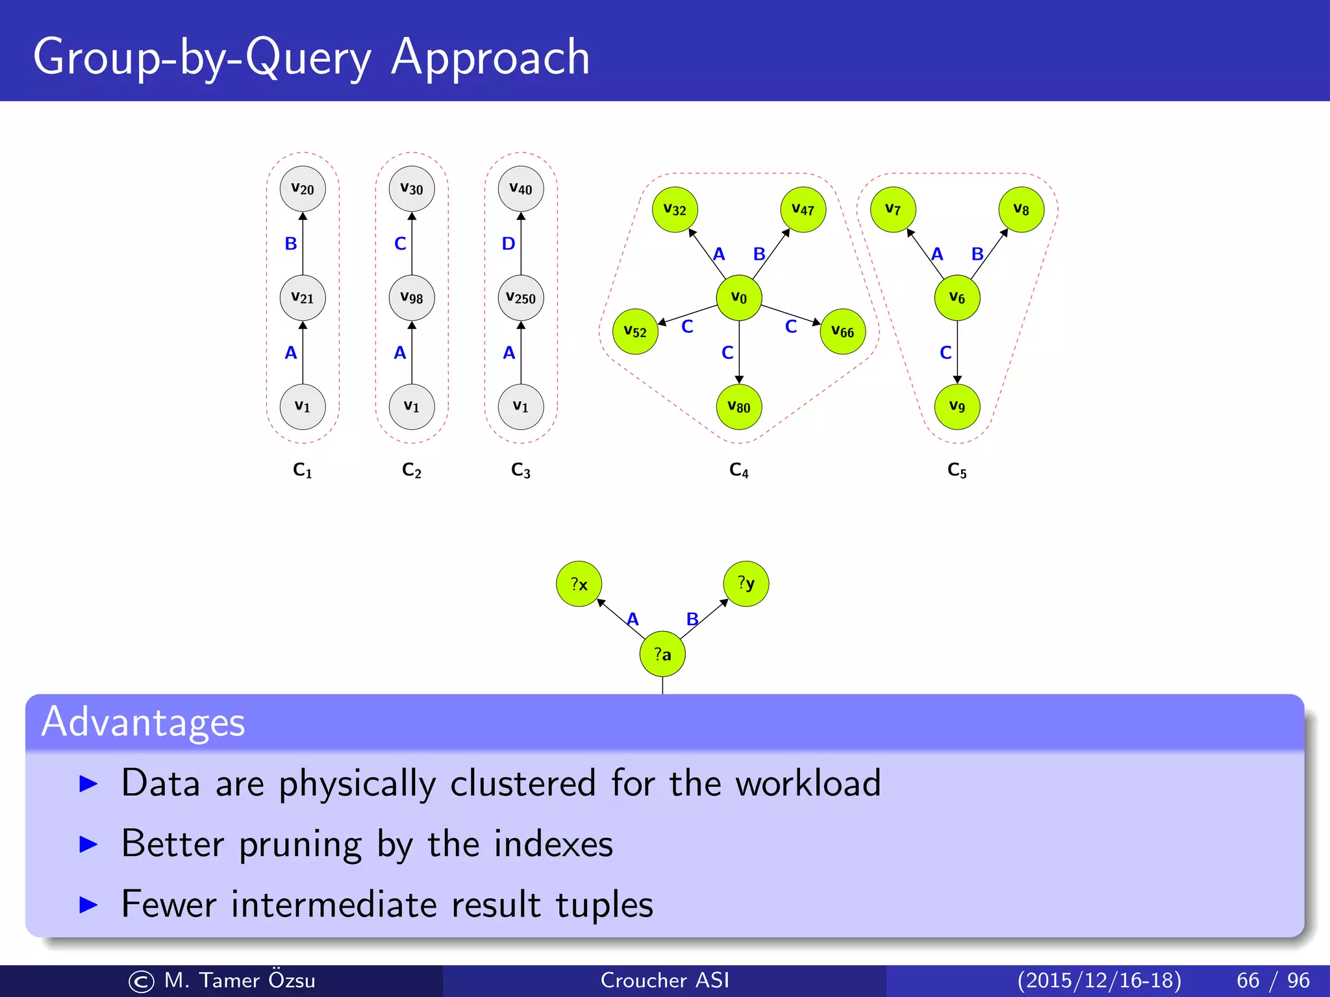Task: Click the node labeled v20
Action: pos(303,189)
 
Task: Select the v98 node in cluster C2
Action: pos(412,298)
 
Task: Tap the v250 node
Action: pos(521,298)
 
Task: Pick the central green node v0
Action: pos(739,298)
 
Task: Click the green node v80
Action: pos(739,407)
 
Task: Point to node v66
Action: pos(843,332)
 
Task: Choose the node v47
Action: pos(803,210)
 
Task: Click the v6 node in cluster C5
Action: pos(957,298)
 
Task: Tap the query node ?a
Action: pos(662,654)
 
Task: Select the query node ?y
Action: pos(746,584)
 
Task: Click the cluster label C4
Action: pos(739,470)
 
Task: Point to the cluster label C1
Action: pos(303,470)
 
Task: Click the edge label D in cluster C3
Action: pos(508,244)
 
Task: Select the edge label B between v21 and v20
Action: pos(291,244)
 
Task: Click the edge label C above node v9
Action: pos(946,353)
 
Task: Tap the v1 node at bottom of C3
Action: pos(521,407)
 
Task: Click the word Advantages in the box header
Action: pos(143,722)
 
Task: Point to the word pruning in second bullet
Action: pos(300,844)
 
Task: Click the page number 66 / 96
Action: pos(1273,980)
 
